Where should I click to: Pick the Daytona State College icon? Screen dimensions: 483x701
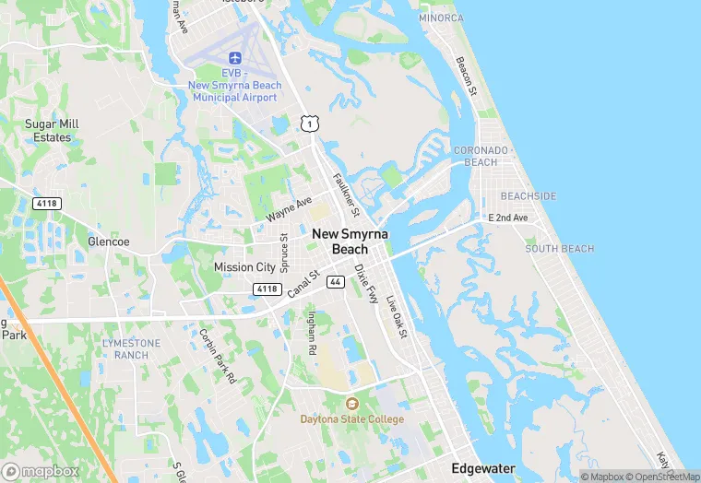click(x=351, y=404)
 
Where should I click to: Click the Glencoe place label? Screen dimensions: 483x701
click(x=108, y=241)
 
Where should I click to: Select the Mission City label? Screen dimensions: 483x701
click(x=244, y=267)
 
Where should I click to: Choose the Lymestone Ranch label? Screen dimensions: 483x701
click(x=131, y=348)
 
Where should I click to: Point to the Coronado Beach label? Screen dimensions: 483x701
click(x=481, y=156)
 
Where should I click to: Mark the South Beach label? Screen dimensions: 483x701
click(x=559, y=249)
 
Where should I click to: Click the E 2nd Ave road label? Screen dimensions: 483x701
click(x=508, y=218)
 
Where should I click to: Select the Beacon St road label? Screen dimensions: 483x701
click(x=466, y=77)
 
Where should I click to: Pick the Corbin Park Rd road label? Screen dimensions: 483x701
click(x=218, y=356)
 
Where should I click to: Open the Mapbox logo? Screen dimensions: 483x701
click(x=42, y=470)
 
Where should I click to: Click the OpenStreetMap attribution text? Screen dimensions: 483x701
click(x=663, y=476)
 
